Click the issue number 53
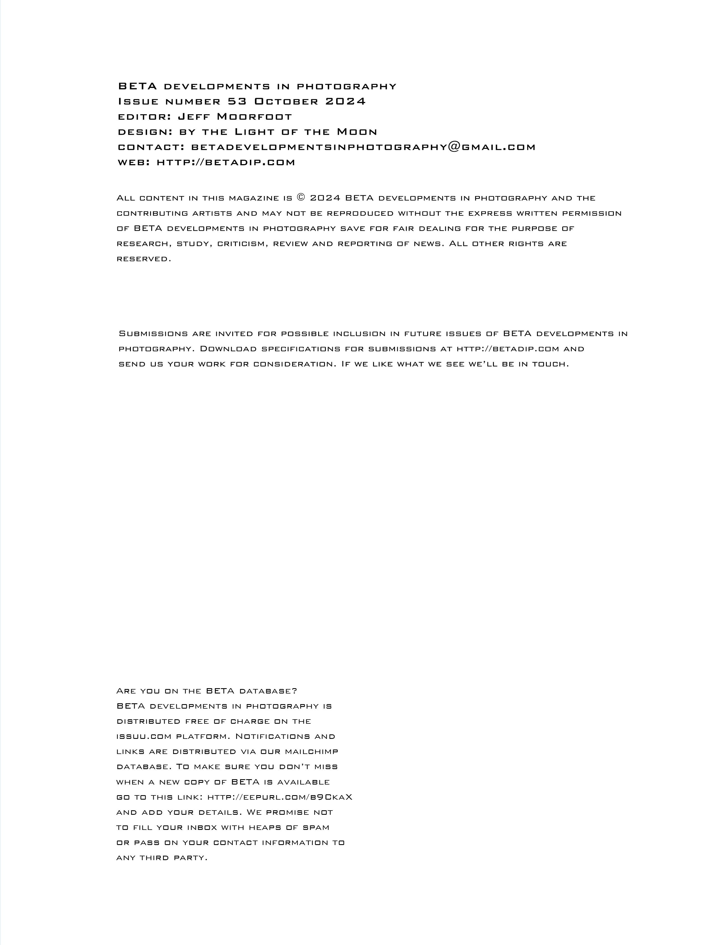pos(237,101)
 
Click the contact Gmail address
pos(363,147)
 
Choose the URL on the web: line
pos(226,162)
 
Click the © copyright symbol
pos(301,198)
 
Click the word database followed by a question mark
pos(266,691)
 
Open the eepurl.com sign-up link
pos(280,797)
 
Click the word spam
pos(316,827)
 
